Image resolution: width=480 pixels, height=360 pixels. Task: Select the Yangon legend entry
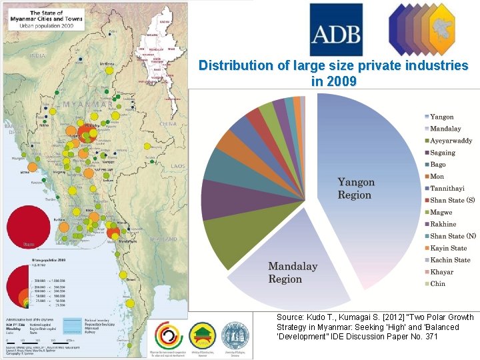tap(441, 117)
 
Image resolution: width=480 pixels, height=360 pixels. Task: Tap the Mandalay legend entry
tap(445, 129)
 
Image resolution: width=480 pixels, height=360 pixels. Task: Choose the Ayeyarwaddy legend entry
tap(451, 141)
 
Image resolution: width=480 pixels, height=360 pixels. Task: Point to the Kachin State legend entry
tap(450, 260)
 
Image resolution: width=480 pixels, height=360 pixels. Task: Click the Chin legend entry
tap(437, 283)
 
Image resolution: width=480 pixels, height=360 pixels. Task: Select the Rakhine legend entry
tap(443, 224)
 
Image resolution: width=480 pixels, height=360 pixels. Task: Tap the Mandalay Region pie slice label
tap(293, 273)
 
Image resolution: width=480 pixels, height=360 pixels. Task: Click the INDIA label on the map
tap(38, 56)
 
